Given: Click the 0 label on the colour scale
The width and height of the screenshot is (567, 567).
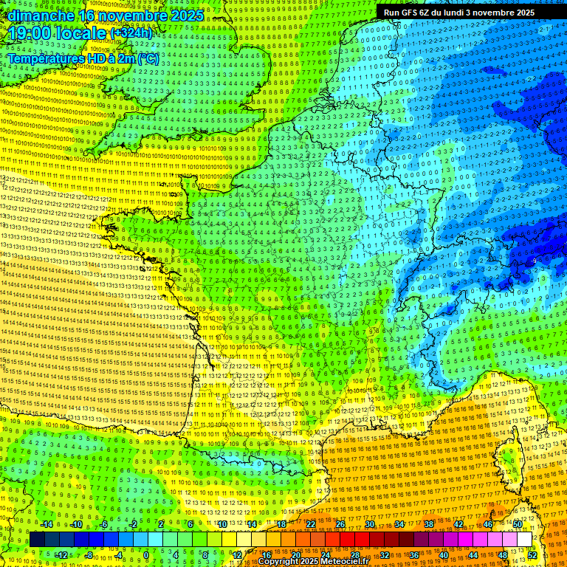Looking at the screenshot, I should pyautogui.click(x=146, y=554).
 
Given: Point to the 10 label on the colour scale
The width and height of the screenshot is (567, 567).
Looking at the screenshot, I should pyautogui.click(x=221, y=524).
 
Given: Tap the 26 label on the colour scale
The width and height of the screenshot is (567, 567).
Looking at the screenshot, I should pyautogui.click(x=340, y=524).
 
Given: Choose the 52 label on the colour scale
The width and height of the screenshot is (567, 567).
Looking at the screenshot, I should pyautogui.click(x=532, y=554).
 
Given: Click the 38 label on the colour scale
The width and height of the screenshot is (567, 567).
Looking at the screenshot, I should pyautogui.click(x=429, y=524).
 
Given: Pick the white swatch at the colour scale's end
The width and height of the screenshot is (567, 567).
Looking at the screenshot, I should pyautogui.click(x=524, y=540).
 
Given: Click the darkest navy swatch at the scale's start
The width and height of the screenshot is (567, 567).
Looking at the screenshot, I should pyautogui.click(x=37, y=540).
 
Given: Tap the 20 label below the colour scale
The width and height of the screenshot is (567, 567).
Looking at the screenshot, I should pyautogui.click(x=295, y=554).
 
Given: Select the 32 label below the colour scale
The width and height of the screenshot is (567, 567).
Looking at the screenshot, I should pyautogui.click(x=385, y=554).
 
